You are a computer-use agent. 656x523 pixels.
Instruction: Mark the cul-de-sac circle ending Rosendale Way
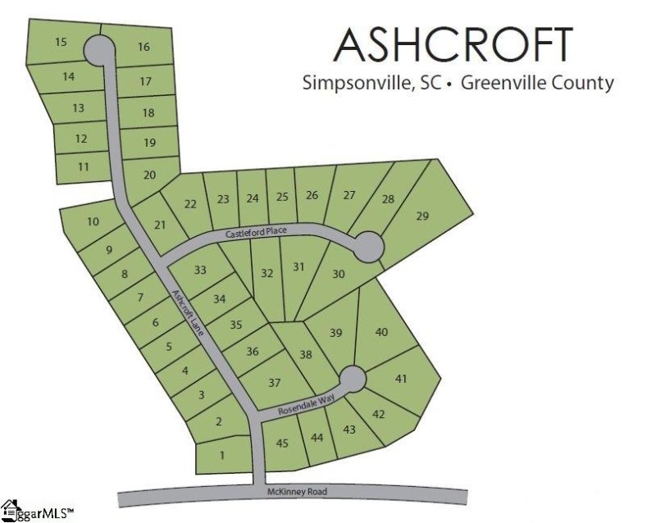[x=353, y=378]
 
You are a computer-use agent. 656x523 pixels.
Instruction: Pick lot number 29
[x=422, y=216]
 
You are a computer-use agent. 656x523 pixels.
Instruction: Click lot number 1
[x=222, y=456]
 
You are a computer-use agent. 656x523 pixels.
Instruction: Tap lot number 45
[x=283, y=443]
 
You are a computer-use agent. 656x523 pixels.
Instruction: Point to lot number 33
[x=199, y=271]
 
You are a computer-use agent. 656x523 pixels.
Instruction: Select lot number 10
[x=93, y=221]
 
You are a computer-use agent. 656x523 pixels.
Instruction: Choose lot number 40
[x=380, y=332]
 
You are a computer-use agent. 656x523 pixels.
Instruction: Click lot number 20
[x=149, y=174]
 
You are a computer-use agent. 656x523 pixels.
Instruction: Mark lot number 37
[x=274, y=383]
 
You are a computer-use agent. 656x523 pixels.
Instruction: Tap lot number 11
[x=83, y=166]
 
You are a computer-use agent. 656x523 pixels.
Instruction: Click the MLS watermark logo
[x=37, y=511]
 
